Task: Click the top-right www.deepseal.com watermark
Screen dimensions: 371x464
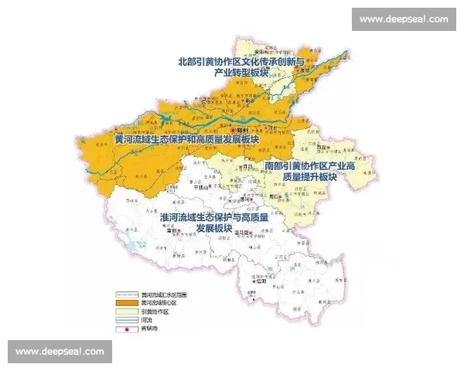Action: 404,19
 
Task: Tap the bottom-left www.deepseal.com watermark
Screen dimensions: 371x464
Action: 60,352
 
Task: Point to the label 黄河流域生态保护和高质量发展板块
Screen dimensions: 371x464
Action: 184,140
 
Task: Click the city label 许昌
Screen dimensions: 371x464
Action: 249,167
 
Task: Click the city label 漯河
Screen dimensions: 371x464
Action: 250,198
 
